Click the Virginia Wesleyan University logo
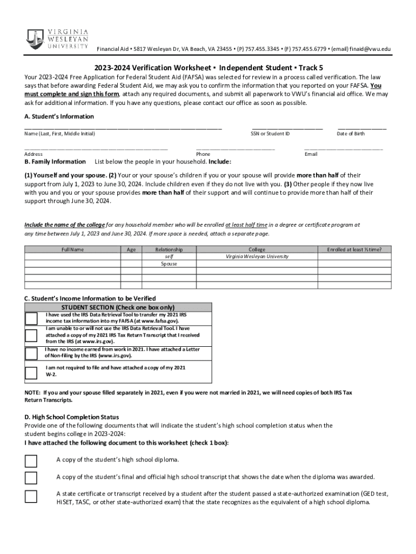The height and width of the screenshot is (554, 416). coord(57,38)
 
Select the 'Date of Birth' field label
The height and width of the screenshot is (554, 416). coord(351,134)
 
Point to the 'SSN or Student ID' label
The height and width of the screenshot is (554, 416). coord(270,134)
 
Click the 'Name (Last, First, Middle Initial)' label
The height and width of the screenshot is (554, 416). coord(59,134)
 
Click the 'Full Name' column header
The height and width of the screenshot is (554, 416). coord(73,249)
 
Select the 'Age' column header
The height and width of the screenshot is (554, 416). coord(131,249)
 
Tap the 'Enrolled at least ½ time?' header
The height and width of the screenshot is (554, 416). coord(354,249)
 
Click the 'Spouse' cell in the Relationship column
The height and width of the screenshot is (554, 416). coord(169,263)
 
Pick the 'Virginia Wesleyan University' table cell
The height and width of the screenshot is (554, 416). coord(257,256)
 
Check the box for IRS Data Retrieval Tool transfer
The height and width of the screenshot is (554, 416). coord(31,318)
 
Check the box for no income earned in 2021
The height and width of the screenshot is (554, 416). coord(31,353)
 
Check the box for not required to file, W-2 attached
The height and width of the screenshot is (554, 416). coord(31,372)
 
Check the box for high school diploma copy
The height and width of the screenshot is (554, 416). coord(31,461)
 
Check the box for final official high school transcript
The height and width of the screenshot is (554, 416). coord(31,478)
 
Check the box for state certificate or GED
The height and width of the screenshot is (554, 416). coord(31,496)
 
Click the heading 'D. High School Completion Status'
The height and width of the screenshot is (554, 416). coord(72,417)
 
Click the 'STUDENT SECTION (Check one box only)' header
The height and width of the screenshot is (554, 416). coord(118,307)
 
